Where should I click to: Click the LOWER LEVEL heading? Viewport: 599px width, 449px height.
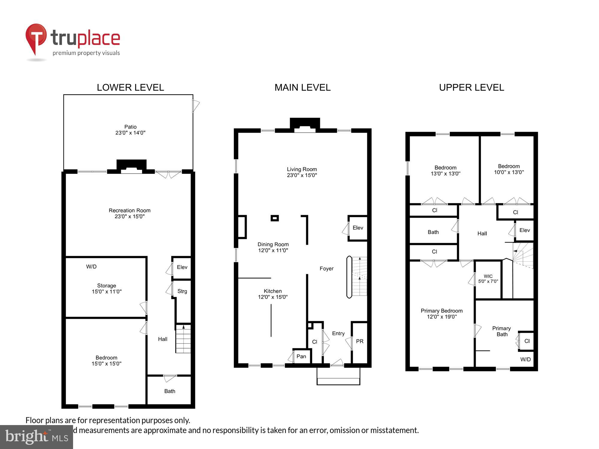[130, 87]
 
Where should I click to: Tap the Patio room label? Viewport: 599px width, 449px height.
[130, 127]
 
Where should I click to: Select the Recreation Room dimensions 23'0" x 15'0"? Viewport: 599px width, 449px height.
[129, 216]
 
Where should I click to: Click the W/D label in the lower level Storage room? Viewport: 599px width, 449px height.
[91, 266]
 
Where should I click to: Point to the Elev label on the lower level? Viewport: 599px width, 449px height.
[182, 267]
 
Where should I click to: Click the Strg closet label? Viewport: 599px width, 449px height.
[182, 291]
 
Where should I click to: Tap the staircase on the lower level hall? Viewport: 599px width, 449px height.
[183, 339]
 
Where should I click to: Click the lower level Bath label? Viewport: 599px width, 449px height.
[170, 391]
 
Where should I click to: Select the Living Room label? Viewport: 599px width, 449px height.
[302, 169]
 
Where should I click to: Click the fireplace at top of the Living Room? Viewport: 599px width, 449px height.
[305, 125]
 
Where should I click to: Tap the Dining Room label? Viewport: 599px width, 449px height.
[273, 244]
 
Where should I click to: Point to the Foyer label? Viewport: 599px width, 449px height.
[326, 269]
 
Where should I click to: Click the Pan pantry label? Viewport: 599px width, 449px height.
[301, 356]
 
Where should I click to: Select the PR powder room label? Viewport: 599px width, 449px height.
[359, 341]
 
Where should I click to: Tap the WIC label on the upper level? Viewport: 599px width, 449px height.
[488, 276]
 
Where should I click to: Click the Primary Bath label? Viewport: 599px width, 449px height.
[502, 331]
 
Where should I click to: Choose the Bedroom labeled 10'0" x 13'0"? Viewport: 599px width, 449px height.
[509, 169]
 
